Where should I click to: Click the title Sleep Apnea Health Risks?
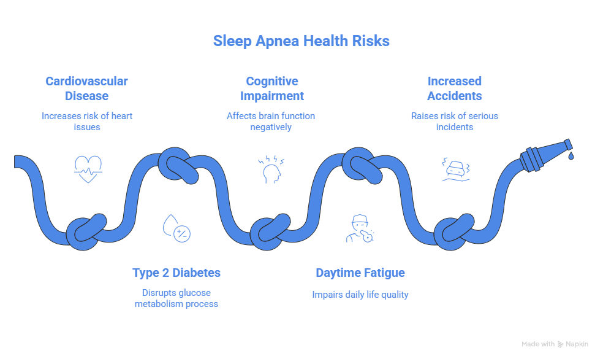[301, 41]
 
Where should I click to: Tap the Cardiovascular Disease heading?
[86, 88]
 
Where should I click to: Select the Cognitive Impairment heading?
[271, 88]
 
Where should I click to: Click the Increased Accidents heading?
[454, 88]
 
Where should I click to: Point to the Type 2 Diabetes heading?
[176, 273]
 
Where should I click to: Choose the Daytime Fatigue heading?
[360, 273]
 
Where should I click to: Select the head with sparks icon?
[270, 170]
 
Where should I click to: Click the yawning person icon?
[360, 228]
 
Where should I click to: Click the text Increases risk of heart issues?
[87, 121]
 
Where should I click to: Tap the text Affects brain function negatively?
[271, 121]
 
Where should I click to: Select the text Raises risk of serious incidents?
[454, 121]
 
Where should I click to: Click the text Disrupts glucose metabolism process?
[176, 298]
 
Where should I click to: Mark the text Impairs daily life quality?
[360, 295]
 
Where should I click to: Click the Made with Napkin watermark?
[555, 344]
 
